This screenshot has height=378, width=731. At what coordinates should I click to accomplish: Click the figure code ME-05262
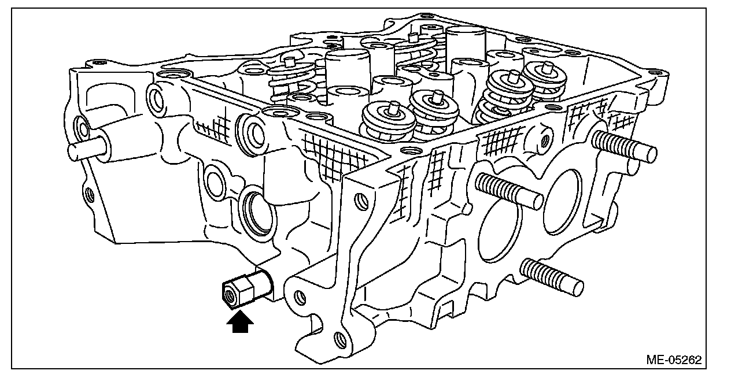coord(674,360)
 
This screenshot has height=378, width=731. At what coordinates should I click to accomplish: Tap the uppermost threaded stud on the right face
coord(625,146)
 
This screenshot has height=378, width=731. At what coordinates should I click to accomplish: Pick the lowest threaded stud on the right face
coord(552,276)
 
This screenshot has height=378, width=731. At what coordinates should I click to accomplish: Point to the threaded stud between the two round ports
coord(509,190)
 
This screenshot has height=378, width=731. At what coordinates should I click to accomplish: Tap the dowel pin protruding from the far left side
coord(87,149)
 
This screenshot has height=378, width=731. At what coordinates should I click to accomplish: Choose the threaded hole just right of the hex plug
coord(300,297)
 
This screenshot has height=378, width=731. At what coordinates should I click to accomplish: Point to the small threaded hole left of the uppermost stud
coord(544,139)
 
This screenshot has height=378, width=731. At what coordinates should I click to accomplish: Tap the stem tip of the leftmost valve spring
coord(287,61)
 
